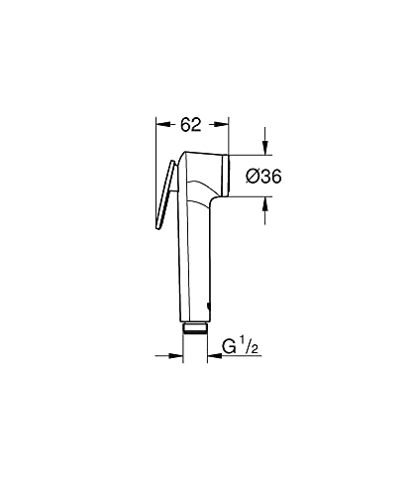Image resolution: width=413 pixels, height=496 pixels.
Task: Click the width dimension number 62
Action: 192,124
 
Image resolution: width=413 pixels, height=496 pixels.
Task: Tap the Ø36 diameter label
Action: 260,176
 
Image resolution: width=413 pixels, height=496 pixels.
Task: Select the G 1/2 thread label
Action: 237,348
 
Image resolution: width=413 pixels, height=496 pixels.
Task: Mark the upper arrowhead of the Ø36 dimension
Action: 266,149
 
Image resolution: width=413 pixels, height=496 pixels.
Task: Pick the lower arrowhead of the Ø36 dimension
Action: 266,204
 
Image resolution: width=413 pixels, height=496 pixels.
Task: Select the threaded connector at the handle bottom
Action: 196,329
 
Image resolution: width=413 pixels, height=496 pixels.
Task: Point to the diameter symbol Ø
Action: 251,176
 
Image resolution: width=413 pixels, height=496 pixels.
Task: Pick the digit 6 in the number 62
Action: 186,124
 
